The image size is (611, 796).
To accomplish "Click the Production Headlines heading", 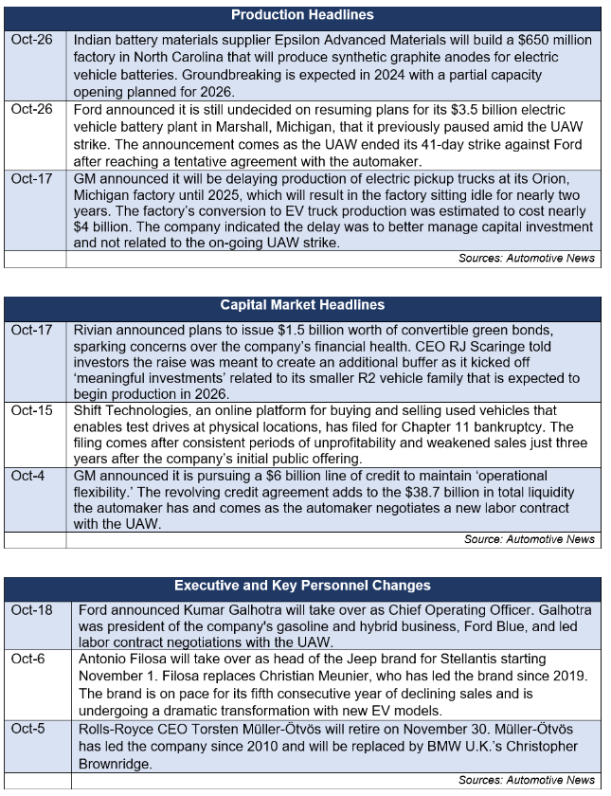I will click(302, 15).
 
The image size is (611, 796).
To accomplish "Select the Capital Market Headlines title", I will click(302, 305).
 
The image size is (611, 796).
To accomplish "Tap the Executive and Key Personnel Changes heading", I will click(302, 586).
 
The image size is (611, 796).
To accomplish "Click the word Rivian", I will click(98, 330).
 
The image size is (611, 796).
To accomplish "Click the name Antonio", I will click(105, 658).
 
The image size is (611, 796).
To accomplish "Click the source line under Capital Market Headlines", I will click(530, 538).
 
